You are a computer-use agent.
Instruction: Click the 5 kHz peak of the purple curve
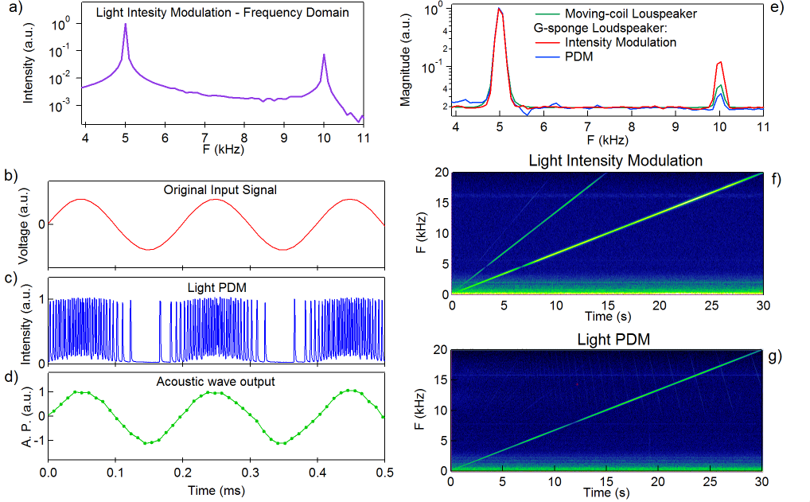tap(125, 25)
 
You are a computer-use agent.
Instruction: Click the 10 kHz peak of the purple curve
tap(324, 56)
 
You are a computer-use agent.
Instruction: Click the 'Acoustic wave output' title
tap(216, 381)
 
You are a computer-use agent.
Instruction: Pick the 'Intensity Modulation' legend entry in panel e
tap(620, 42)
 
